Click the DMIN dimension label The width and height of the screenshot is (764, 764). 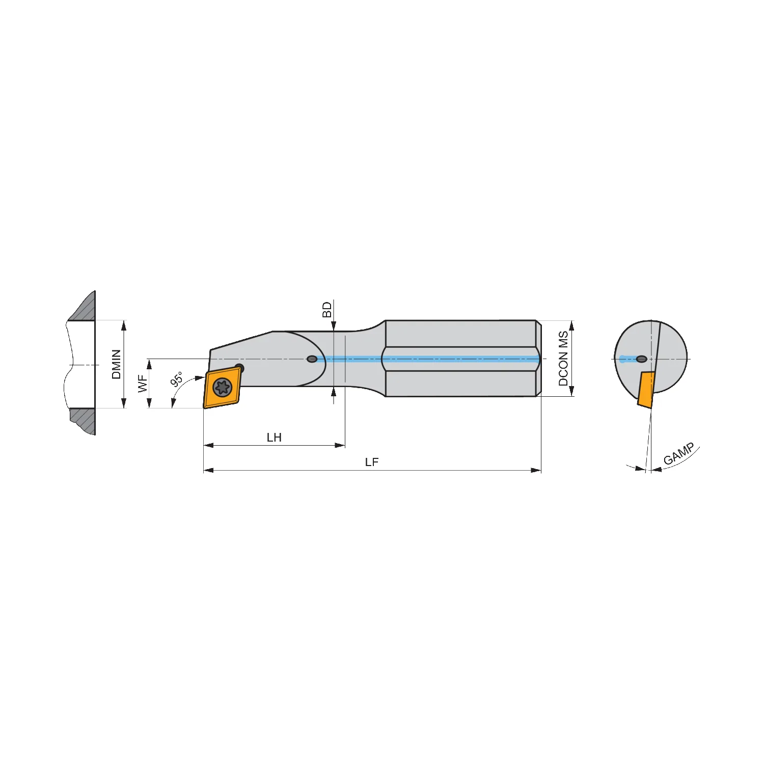coord(116,364)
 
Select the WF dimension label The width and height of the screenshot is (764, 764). coord(143,384)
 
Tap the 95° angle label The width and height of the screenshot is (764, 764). coord(176,379)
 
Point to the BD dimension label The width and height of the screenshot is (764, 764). coord(327,310)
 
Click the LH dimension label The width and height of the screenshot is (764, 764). coord(274,438)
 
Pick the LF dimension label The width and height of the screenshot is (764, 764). coord(372,462)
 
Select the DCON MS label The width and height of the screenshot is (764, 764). coord(563,359)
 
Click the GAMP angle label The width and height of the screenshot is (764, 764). coord(679,454)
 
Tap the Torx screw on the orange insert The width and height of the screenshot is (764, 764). coord(223,387)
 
